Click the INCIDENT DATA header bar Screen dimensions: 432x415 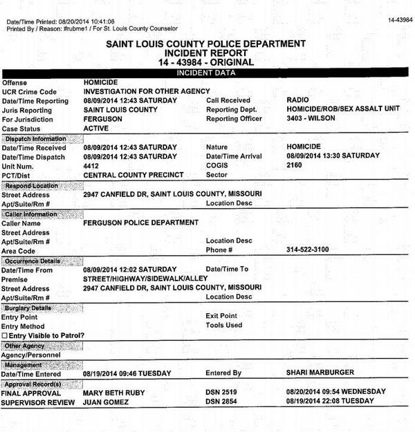[207, 73]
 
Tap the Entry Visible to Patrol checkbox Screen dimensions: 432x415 [5, 335]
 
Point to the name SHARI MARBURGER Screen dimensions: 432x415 [320, 373]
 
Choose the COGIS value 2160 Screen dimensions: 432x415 [295, 165]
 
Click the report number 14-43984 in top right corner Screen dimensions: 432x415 [399, 20]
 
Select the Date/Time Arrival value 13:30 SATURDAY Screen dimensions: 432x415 [333, 156]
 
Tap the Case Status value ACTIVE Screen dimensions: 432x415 [95, 129]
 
